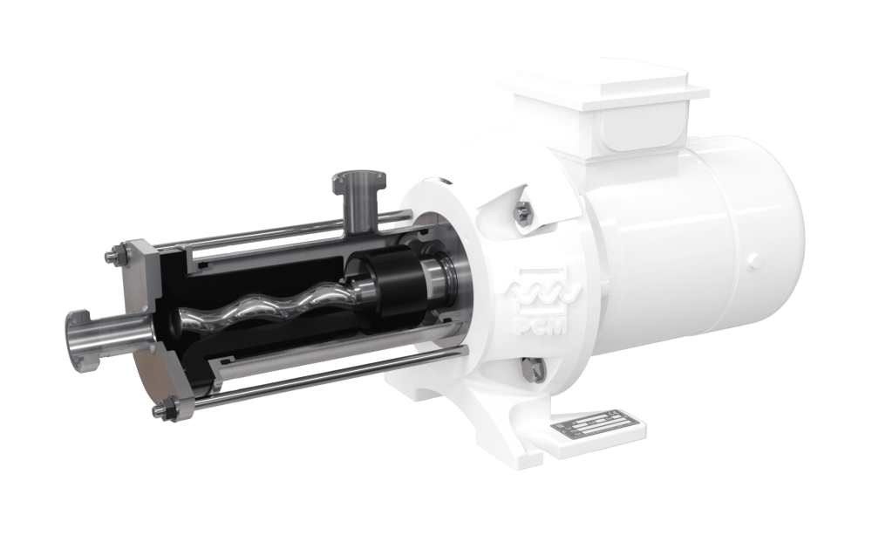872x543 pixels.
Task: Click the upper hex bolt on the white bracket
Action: coord(522,211)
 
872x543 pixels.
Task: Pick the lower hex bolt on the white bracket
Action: coord(535,369)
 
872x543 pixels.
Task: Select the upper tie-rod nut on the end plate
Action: coord(115,257)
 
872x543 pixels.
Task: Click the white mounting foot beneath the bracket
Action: coord(488,410)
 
